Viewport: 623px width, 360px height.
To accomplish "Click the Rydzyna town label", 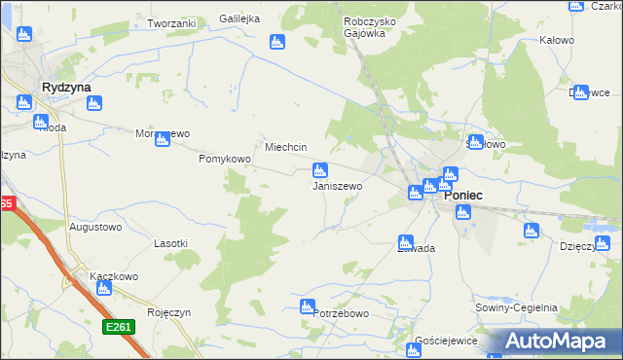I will click(66, 87).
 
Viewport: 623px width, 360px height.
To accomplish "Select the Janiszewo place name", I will click(337, 185).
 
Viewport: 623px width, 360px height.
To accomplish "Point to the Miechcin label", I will click(287, 147).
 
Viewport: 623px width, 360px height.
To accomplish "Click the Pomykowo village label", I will click(225, 158).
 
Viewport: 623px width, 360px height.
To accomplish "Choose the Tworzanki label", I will click(171, 22).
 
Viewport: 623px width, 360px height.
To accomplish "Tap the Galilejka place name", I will click(243, 18).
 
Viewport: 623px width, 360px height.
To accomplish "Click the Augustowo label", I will click(94, 227).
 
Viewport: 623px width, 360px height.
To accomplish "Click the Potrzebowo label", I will click(341, 313).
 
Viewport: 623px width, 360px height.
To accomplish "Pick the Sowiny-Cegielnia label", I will click(518, 306).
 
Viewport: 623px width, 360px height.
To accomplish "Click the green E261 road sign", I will click(118, 327).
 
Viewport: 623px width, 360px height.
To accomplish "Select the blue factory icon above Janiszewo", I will click(319, 170).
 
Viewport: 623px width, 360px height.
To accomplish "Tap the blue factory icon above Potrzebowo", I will click(309, 306).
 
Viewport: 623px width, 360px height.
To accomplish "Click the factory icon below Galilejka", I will click(276, 42).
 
